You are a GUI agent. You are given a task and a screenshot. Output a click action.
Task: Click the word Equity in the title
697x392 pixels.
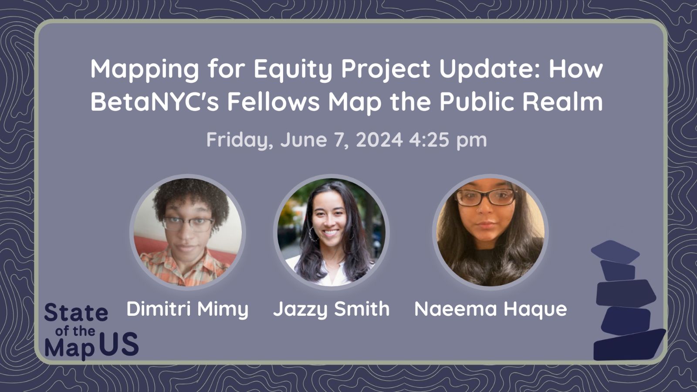292,69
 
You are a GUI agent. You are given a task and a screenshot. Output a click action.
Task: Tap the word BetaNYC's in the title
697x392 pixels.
154,101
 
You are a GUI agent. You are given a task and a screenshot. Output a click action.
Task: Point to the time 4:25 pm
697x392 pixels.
448,140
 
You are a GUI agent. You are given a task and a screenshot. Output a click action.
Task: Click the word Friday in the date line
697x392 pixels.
239,140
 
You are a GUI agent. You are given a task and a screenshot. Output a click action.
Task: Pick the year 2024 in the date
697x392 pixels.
379,140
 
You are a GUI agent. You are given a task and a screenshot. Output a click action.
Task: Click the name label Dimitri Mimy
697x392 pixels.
187,309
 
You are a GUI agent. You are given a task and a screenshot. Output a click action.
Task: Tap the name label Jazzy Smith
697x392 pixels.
331,309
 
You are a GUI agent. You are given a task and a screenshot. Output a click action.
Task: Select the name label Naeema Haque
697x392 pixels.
491,309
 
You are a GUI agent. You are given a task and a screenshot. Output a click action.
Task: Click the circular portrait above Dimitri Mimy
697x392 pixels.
188,232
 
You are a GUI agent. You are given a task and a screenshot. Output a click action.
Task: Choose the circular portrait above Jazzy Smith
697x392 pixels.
332,232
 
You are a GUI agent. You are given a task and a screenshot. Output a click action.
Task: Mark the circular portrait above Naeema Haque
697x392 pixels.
491,232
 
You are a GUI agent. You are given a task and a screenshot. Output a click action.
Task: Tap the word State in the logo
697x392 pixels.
76,313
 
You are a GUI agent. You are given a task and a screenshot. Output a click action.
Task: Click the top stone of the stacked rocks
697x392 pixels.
615,252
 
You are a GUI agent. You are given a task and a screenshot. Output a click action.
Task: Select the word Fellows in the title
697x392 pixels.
274,101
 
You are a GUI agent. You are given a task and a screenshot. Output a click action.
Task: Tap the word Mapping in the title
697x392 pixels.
145,69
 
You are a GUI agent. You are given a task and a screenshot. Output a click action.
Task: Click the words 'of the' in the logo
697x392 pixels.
75,331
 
